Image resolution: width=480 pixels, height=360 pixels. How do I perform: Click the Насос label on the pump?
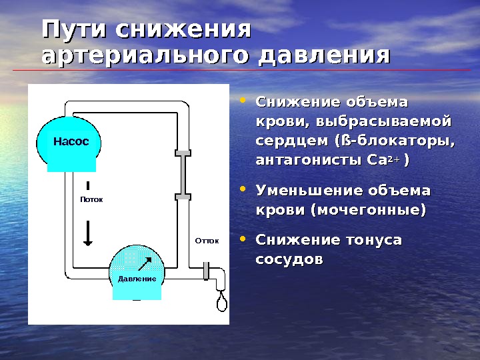pyautogui.click(x=71, y=141)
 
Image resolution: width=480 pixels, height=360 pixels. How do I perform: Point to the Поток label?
pyautogui.click(x=91, y=199)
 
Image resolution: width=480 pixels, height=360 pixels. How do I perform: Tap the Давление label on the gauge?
pyautogui.click(x=137, y=278)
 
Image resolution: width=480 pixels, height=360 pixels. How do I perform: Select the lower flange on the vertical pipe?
pyautogui.click(x=183, y=196)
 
